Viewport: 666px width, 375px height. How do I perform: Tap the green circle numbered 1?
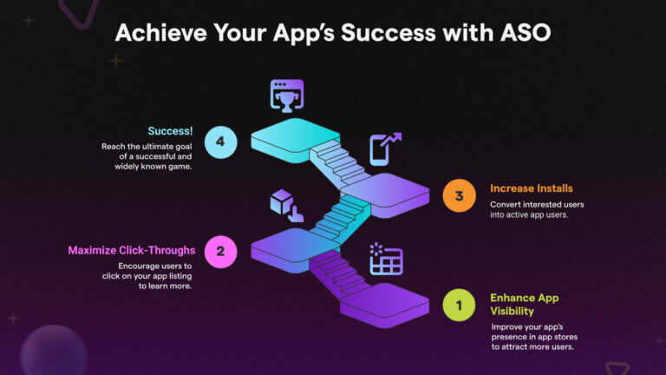tap(458, 305)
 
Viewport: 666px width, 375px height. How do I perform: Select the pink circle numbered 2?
tap(220, 251)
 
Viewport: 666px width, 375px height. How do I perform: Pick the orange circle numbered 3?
tap(459, 196)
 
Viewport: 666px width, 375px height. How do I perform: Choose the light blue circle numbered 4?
tap(221, 142)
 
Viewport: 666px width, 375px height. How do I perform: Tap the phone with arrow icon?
tap(383, 148)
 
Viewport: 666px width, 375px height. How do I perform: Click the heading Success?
tap(171, 131)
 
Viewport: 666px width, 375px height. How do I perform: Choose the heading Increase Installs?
tap(531, 187)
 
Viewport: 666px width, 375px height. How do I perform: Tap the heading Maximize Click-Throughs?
tap(132, 251)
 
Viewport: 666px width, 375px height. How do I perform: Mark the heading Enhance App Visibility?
tap(524, 305)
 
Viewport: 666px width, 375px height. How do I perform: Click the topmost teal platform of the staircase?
tap(295, 134)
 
